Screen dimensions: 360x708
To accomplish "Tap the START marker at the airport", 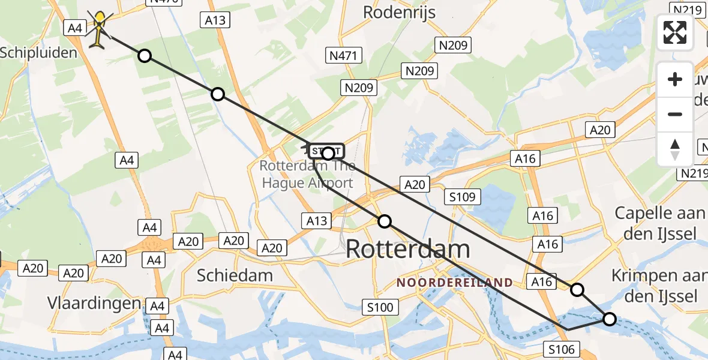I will click(x=327, y=152).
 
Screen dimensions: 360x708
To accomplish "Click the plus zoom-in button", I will click(x=675, y=79).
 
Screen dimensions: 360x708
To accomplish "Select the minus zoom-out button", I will click(x=675, y=114).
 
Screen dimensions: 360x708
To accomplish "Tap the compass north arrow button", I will click(x=675, y=149).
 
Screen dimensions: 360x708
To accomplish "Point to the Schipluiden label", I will click(x=38, y=53).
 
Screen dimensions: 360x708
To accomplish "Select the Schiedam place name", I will click(x=235, y=275).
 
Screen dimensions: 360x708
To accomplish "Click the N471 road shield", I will click(x=344, y=56).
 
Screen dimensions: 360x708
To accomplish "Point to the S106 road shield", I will click(x=562, y=349).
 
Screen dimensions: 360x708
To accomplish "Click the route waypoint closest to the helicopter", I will click(x=145, y=56).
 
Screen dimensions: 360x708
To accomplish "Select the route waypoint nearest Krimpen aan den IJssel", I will click(x=609, y=319).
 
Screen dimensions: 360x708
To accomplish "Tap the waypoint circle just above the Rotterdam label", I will click(x=385, y=221).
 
